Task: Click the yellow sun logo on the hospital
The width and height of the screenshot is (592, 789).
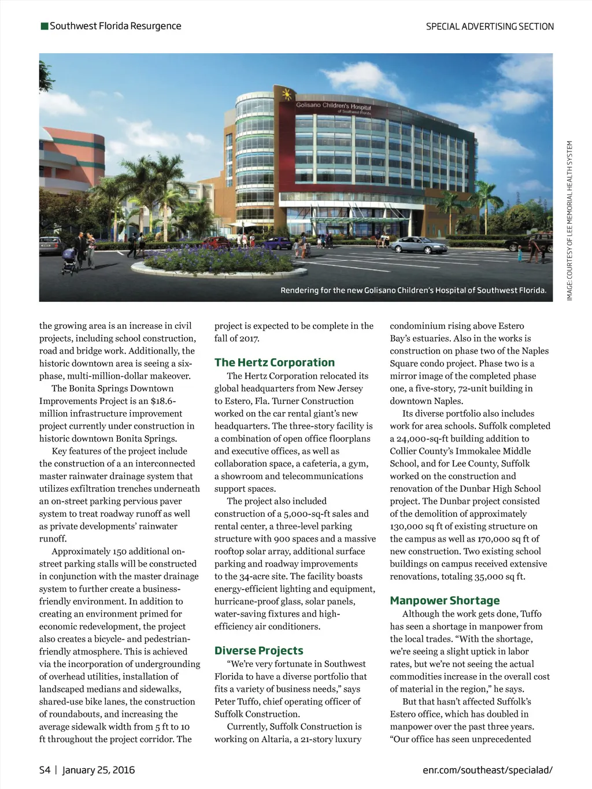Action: (x=285, y=94)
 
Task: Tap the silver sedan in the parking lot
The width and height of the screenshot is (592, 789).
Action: (x=419, y=246)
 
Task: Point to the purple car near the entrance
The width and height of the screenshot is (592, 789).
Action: (x=277, y=243)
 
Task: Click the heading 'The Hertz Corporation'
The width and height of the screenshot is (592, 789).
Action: (x=274, y=362)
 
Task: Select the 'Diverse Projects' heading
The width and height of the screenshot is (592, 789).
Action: (x=258, y=650)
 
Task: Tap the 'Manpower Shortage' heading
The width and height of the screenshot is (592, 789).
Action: (x=445, y=601)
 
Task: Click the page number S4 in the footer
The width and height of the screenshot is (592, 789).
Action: (x=45, y=770)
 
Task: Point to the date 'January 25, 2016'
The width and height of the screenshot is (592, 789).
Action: (x=98, y=770)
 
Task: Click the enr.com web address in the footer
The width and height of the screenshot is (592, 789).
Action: (x=487, y=770)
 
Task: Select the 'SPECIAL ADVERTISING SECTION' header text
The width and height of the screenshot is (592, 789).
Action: (x=490, y=27)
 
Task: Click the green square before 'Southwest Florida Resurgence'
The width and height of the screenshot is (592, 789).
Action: (x=45, y=26)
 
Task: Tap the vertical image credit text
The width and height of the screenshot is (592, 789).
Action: (x=569, y=220)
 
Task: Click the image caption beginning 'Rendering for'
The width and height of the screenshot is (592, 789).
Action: (x=413, y=290)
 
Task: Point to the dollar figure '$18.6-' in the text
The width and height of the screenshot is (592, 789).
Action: (x=163, y=401)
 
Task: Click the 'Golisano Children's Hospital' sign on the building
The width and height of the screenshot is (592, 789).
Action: (x=333, y=106)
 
